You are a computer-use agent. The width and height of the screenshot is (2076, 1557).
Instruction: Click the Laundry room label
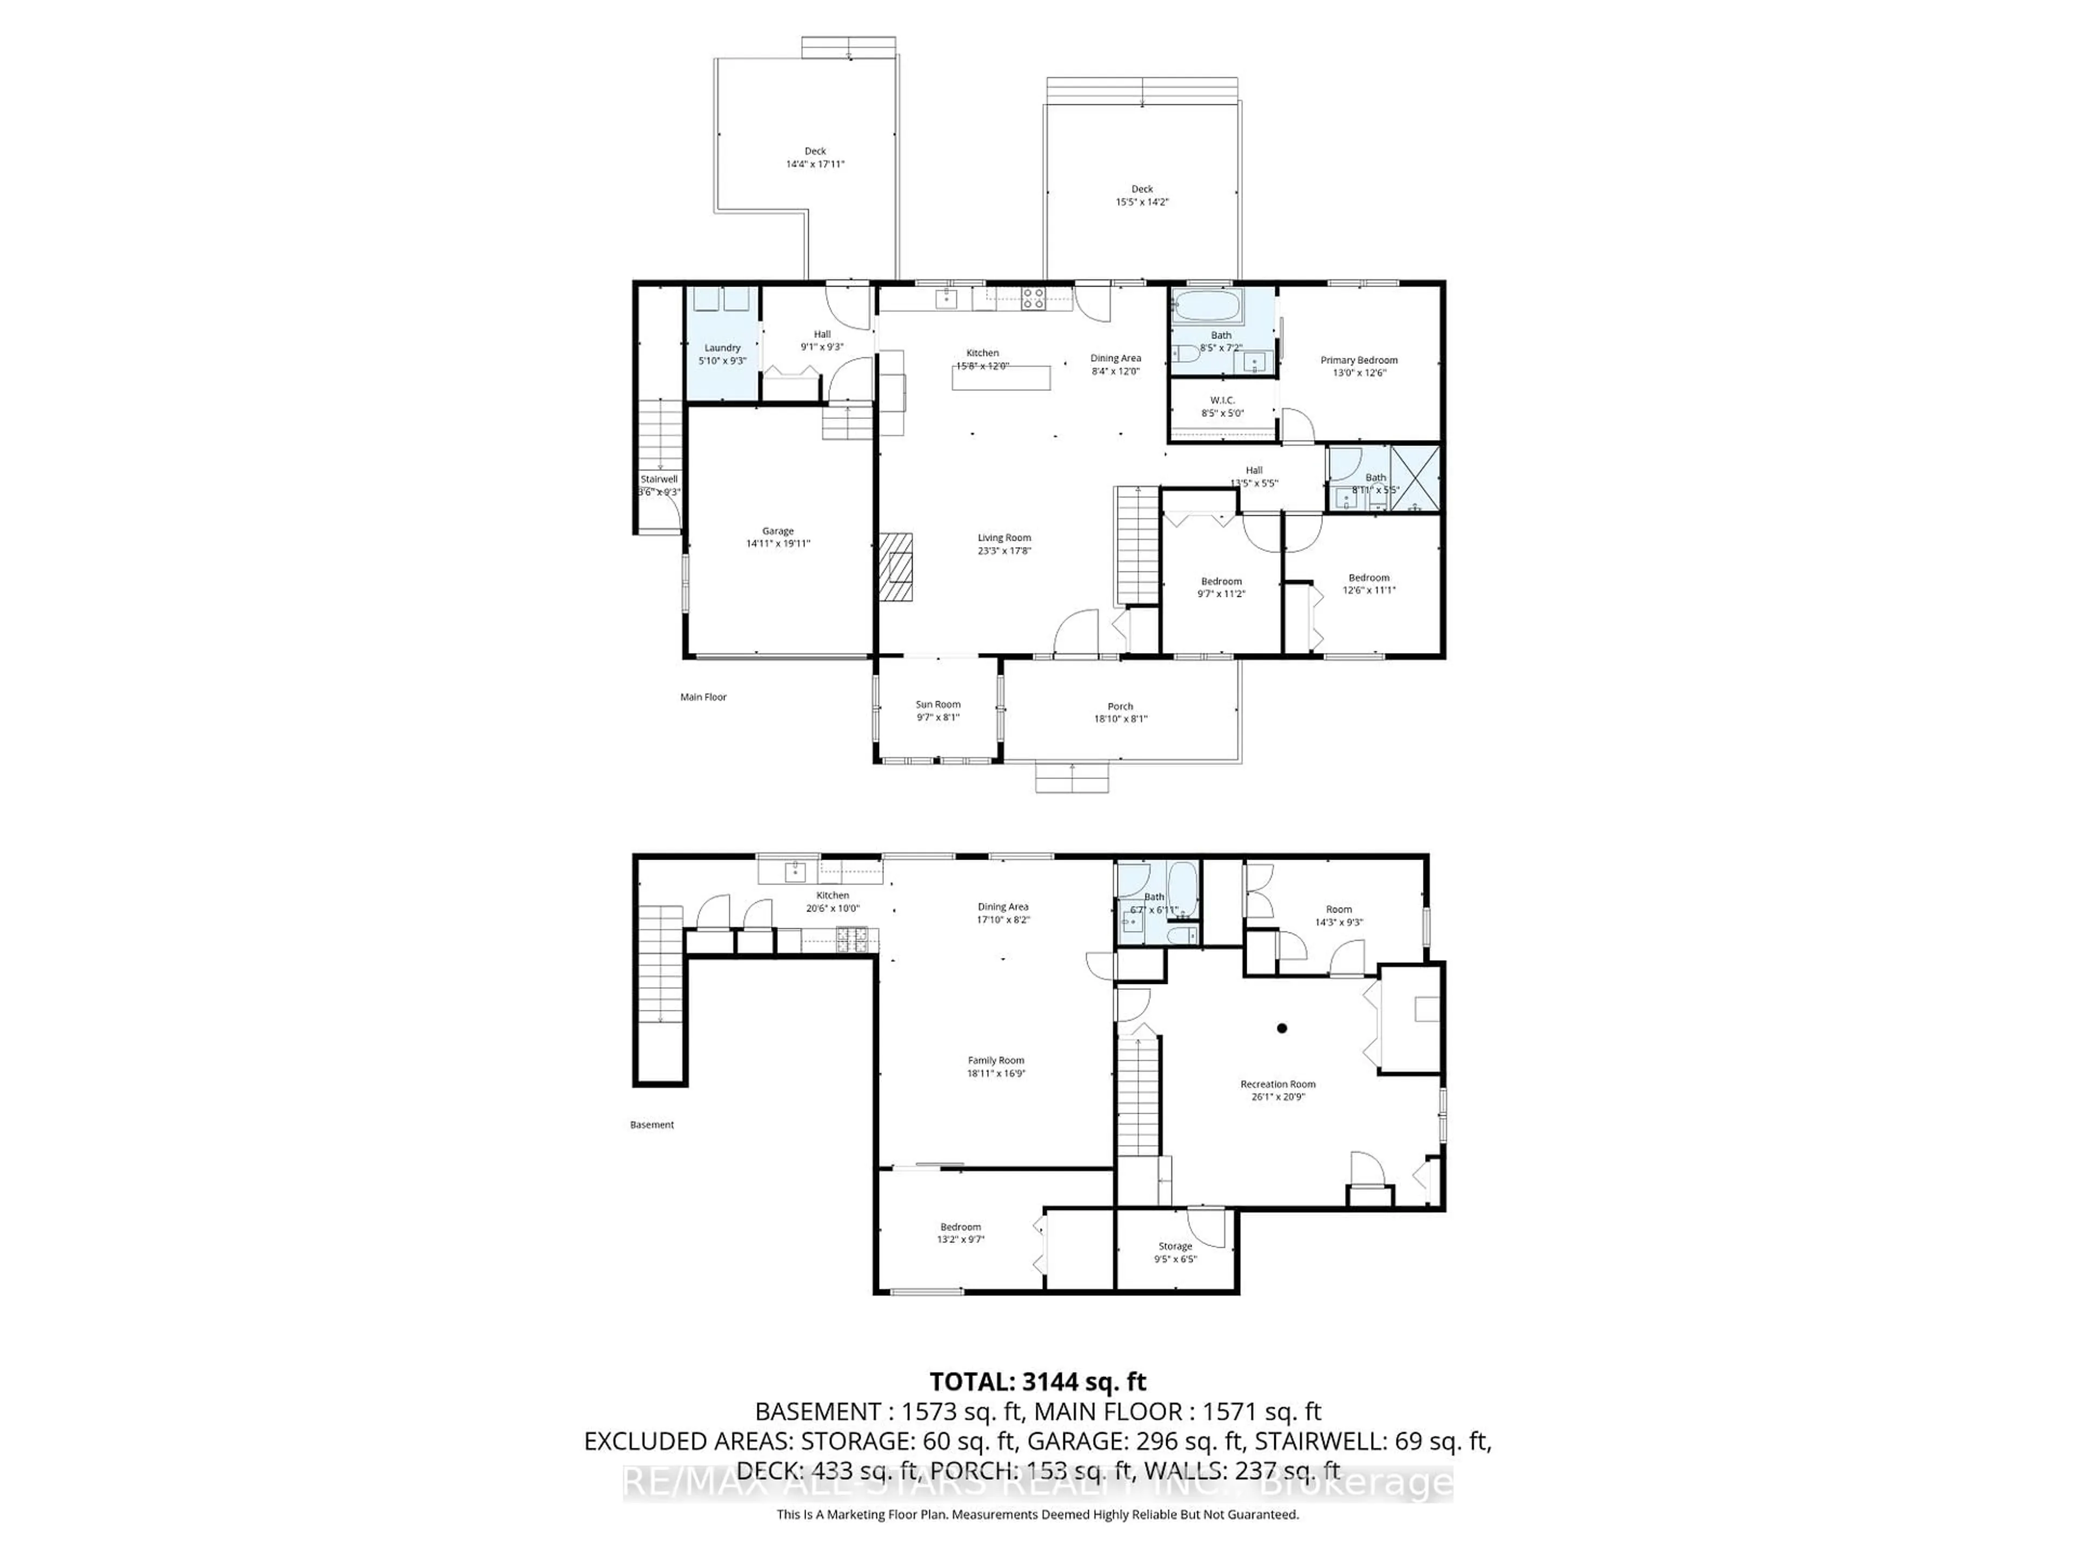723,347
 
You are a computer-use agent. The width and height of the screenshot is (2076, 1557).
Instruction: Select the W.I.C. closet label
1222,400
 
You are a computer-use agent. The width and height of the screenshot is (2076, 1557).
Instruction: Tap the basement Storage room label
1175,1246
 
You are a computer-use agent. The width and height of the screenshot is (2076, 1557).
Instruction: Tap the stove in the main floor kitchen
1033,298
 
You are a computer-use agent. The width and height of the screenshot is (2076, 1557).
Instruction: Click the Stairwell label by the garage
659,478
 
